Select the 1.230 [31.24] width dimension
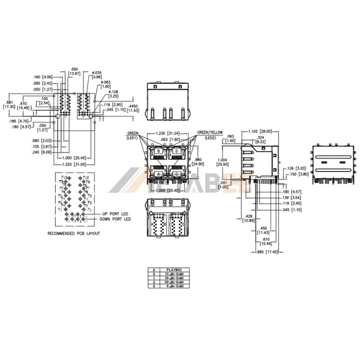[166, 133]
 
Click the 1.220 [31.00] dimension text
[74, 164]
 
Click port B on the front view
[158, 151]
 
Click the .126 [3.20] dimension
[299, 169]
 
